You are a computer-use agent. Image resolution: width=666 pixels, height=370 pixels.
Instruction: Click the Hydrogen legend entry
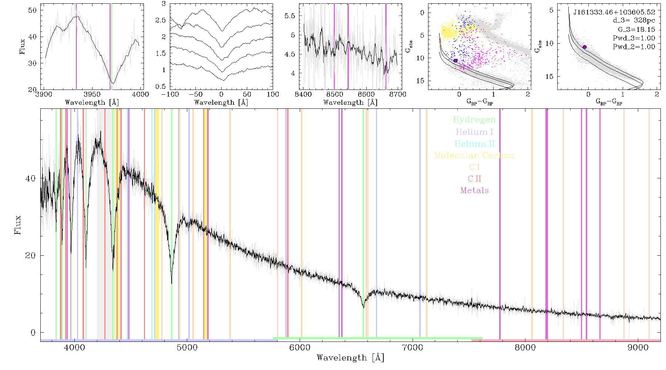pos(474,120)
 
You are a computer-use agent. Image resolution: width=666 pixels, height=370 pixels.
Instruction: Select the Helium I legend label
pos(474,132)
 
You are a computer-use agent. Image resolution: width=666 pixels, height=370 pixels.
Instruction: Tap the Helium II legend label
pos(474,144)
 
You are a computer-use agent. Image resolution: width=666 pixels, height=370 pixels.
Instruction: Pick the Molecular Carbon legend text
pos(474,155)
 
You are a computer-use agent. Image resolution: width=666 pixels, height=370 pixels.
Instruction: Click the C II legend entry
pos(474,179)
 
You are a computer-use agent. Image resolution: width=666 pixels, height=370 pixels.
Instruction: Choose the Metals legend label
pos(474,191)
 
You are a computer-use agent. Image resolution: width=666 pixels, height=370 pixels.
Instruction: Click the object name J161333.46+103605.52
pos(614,12)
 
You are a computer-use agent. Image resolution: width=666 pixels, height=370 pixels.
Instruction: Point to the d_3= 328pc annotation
pos(633,21)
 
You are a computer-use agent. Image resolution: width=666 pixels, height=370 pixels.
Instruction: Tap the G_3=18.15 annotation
pos(636,30)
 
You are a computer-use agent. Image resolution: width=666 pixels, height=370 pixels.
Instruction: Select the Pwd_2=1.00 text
pos(633,47)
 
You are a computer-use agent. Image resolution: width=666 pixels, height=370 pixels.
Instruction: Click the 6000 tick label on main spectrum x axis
pos(300,348)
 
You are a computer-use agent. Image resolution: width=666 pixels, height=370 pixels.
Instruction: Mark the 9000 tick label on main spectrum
pos(638,348)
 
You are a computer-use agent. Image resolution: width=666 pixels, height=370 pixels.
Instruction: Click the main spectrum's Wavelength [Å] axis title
pos(350,358)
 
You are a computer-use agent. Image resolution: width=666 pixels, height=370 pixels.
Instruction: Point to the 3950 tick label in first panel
pos(92,94)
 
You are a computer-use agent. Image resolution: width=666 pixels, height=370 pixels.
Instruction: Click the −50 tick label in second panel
pos(196,94)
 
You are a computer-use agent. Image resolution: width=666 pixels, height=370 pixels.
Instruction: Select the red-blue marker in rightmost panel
pos(585,47)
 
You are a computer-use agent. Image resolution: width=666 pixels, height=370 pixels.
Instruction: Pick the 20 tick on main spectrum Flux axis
pos(30,256)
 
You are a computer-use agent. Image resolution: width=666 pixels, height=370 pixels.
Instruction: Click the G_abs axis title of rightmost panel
pos(538,46)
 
